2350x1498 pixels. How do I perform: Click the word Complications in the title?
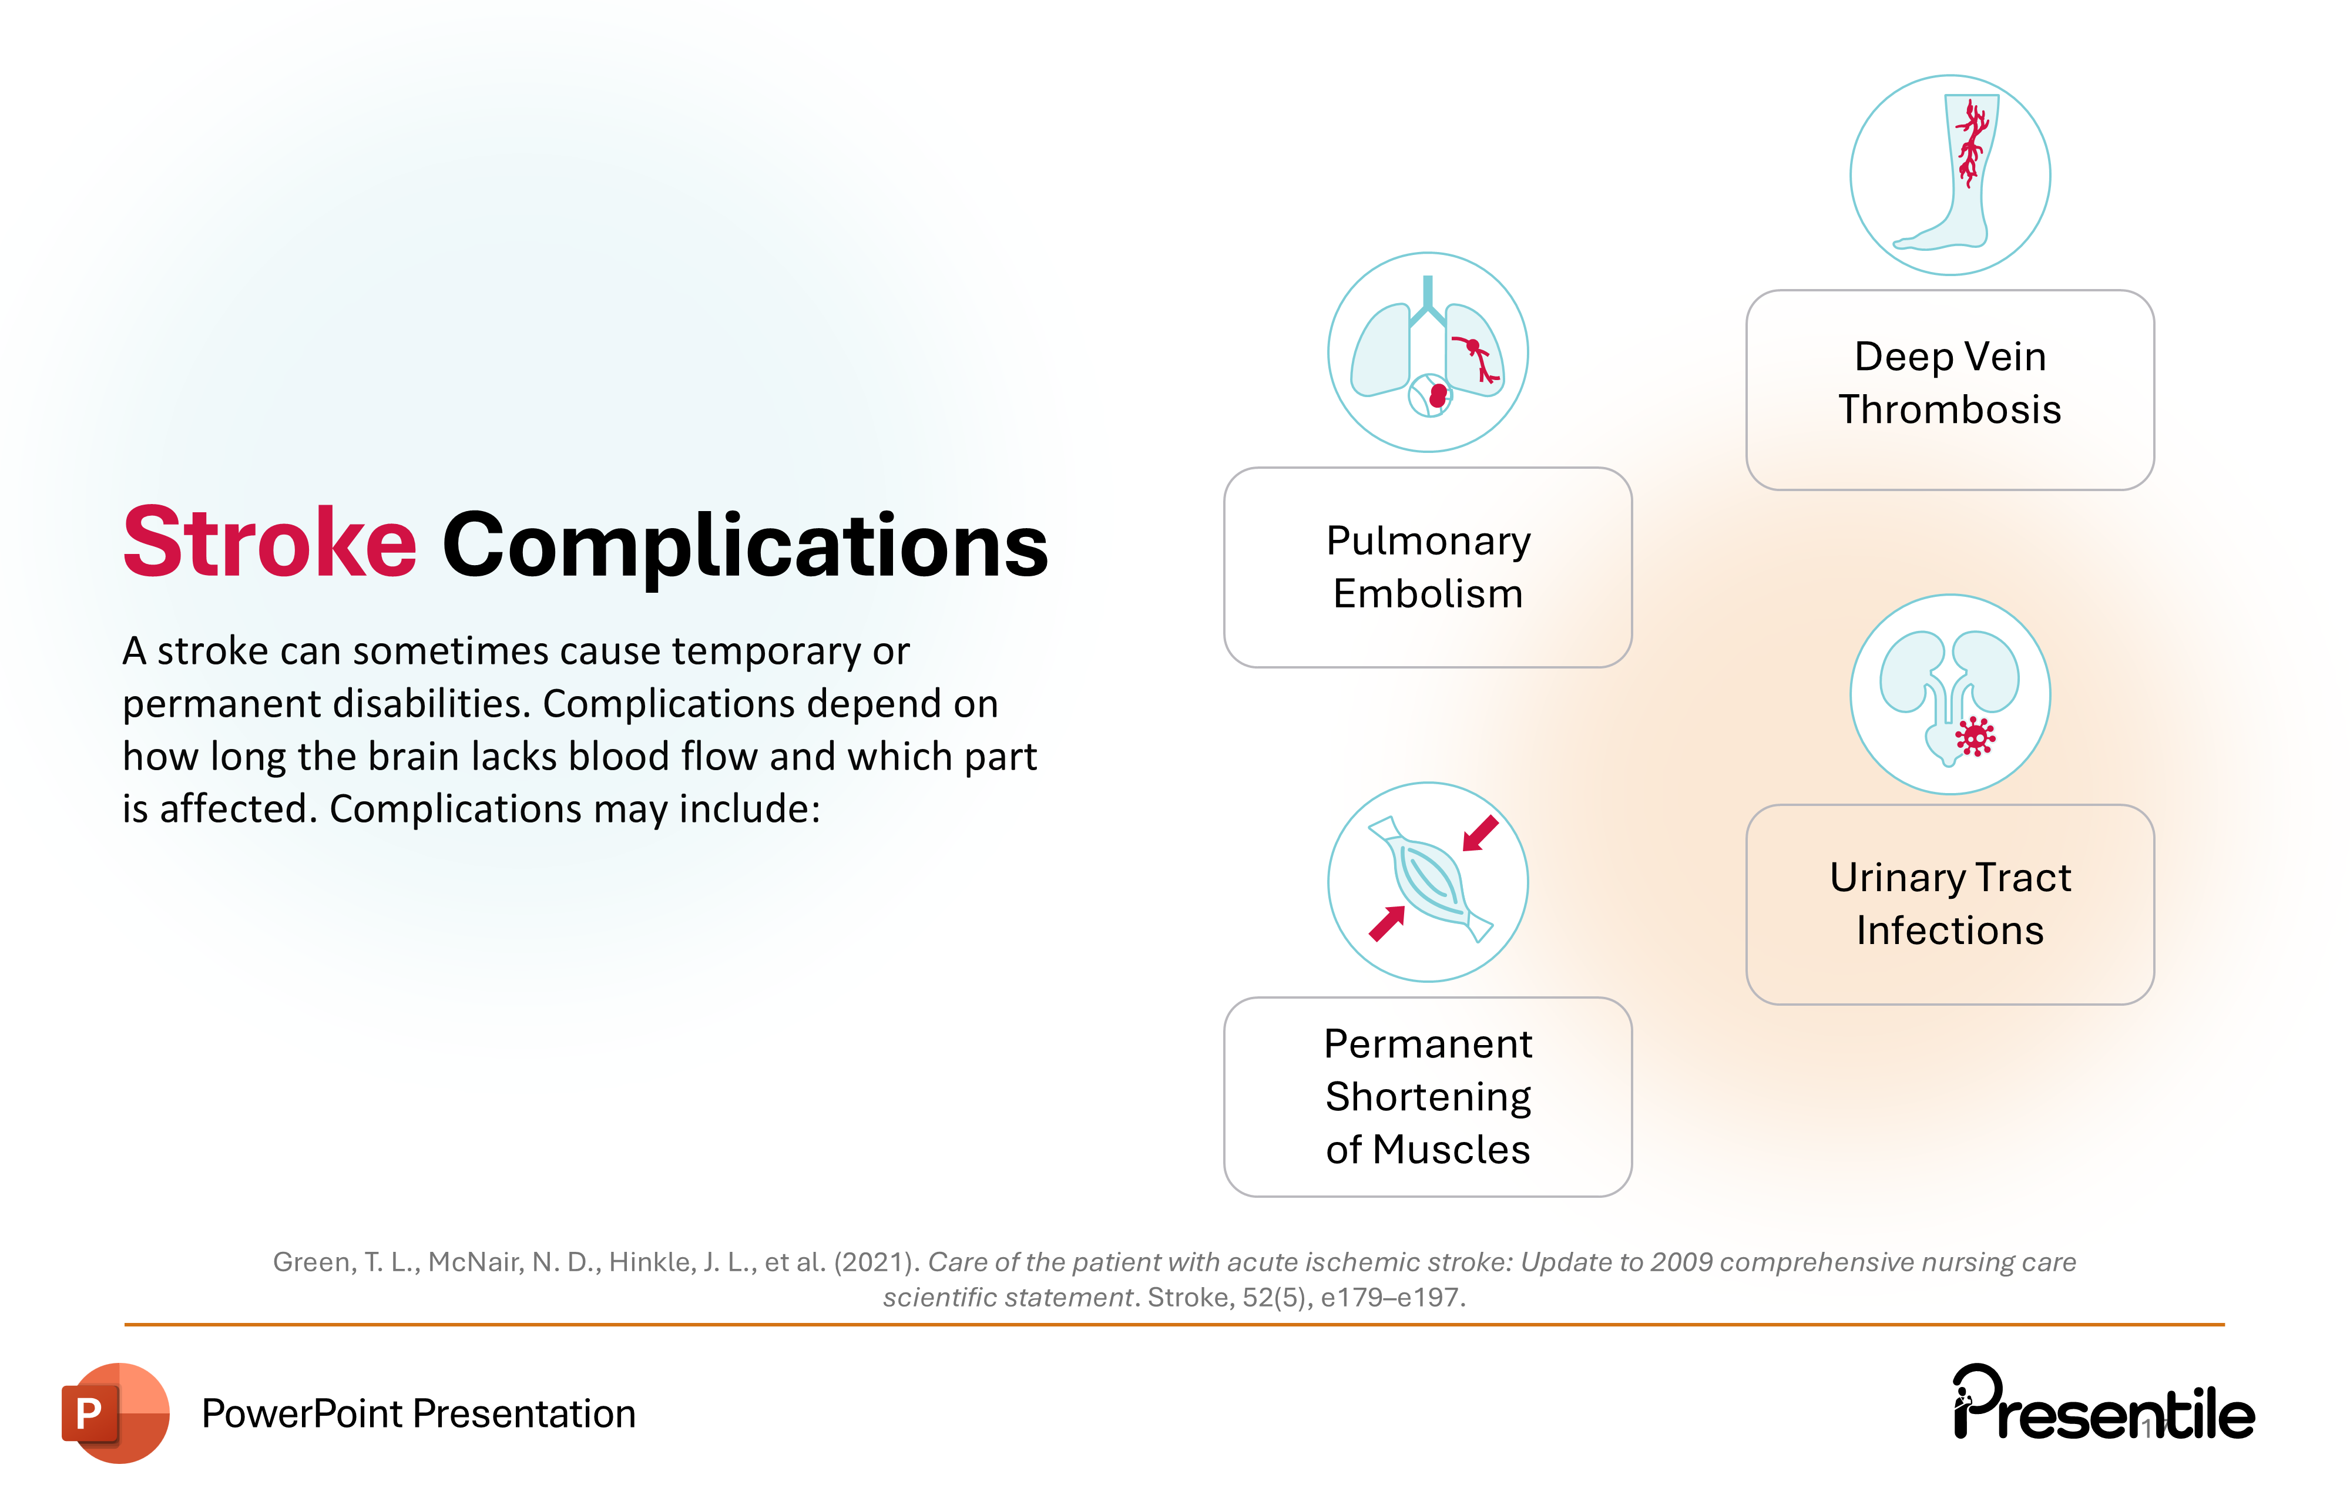(x=744, y=546)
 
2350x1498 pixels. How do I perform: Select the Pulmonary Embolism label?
(x=1428, y=567)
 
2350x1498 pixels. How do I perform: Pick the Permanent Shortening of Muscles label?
(x=1428, y=1096)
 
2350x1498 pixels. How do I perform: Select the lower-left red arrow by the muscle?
(x=1386, y=923)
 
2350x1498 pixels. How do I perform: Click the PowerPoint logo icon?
(x=115, y=1412)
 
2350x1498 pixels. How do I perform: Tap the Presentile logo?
(x=2103, y=1405)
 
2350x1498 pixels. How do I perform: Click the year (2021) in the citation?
(x=875, y=1262)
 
